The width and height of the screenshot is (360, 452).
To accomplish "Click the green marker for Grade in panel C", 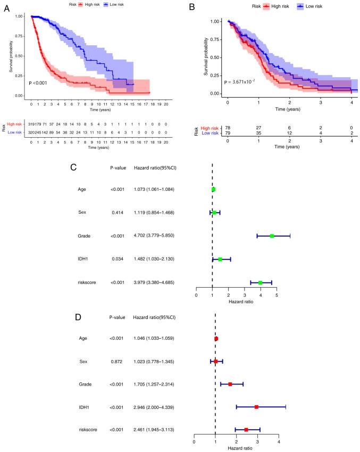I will [x=272, y=236].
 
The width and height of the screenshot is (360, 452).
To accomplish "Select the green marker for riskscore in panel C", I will [x=260, y=282].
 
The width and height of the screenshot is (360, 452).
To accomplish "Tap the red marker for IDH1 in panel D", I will [x=256, y=407].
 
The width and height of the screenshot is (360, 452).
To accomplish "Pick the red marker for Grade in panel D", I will [x=230, y=384].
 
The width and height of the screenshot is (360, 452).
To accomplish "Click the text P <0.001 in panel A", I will [x=39, y=83].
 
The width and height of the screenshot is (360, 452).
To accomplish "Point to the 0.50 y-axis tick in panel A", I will [x=21, y=56].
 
